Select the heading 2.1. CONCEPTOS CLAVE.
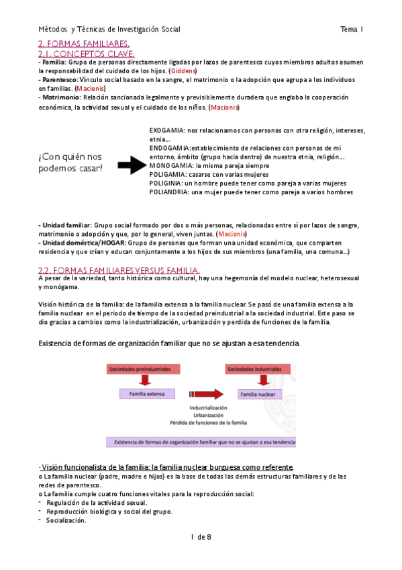click(x=86, y=53)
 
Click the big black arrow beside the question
click(x=133, y=161)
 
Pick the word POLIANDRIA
click(x=169, y=192)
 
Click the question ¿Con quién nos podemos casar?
click(x=71, y=162)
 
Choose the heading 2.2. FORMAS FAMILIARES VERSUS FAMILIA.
click(x=118, y=270)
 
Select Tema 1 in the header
click(x=351, y=29)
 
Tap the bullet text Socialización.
click(x=66, y=520)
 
